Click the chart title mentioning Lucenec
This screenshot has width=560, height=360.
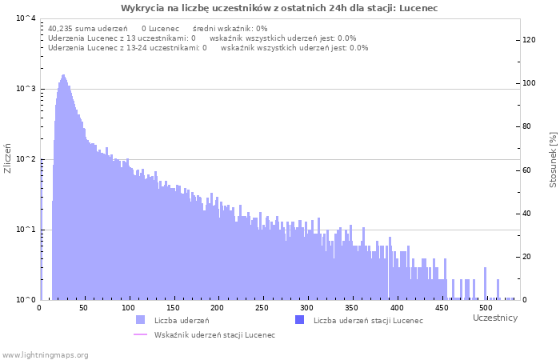point(279,8)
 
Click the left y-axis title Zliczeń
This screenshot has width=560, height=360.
point(9,158)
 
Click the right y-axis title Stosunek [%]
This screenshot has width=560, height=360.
point(553,160)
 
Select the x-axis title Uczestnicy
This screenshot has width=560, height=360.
point(495,318)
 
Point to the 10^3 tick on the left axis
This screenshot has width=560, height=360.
point(25,89)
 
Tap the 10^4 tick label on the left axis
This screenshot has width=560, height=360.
point(25,18)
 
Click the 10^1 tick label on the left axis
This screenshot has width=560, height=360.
point(25,230)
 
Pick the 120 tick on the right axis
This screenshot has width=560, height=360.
point(530,40)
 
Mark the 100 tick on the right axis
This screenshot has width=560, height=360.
point(530,83)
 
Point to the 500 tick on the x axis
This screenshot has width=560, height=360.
point(483,308)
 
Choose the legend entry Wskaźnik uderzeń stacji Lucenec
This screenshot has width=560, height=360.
point(214,335)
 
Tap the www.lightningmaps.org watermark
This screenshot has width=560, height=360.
point(46,354)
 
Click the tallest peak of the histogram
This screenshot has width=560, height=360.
point(63,76)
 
